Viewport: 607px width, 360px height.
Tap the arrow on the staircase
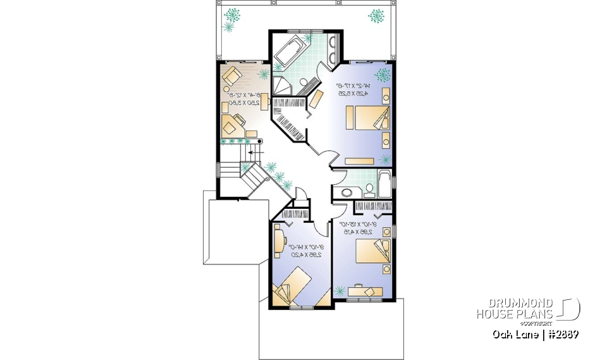tap(255, 152)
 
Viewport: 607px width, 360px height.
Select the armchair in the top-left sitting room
tap(231, 77)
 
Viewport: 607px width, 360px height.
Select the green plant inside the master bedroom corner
tap(382, 75)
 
